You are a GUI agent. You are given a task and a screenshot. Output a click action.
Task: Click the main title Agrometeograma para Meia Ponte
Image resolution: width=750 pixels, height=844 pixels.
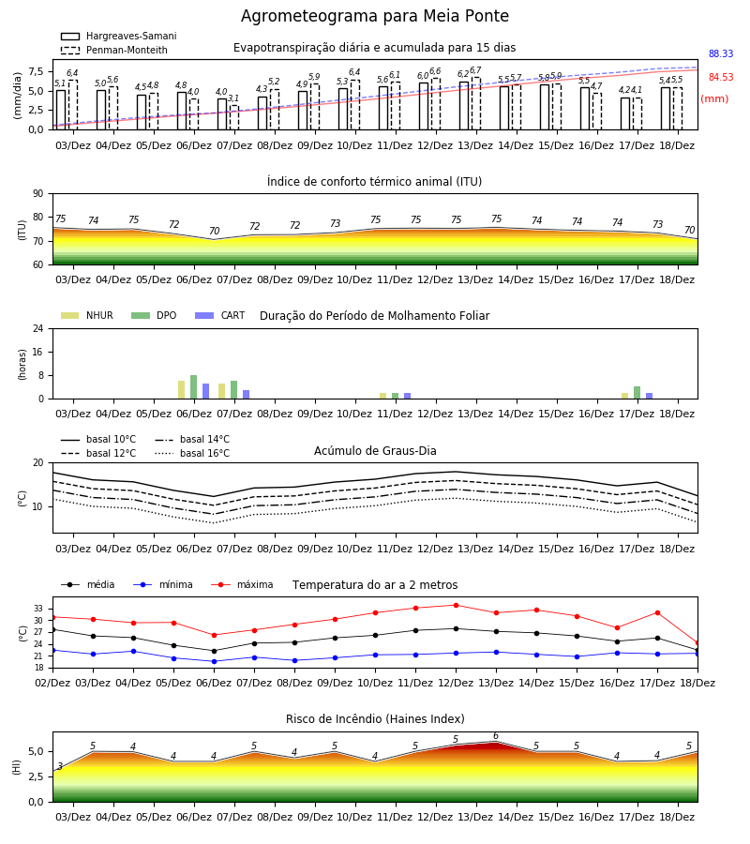click(x=374, y=16)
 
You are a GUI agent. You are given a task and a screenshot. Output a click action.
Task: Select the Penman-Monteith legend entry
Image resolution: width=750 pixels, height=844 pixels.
click(x=114, y=50)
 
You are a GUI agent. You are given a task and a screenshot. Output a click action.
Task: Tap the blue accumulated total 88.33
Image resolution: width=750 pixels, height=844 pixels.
click(x=721, y=53)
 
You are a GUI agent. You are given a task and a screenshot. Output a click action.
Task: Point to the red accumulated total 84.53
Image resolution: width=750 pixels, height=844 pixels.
click(x=721, y=77)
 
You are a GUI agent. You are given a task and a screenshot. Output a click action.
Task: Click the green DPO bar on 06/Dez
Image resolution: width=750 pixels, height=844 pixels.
click(x=194, y=387)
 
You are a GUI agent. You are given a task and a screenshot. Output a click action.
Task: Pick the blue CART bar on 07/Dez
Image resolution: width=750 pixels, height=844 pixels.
click(x=246, y=395)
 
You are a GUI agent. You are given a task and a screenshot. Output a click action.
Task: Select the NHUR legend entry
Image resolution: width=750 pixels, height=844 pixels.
click(x=87, y=315)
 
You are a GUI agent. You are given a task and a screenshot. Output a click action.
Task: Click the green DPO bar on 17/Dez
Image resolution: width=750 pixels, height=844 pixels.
click(x=637, y=392)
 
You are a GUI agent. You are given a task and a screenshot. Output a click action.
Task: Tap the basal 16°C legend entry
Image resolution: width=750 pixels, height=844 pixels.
click(x=192, y=453)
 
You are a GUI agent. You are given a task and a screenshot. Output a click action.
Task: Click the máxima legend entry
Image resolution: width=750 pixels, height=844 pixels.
click(x=242, y=584)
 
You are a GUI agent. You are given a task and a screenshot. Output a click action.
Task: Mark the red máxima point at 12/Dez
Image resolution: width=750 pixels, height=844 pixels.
click(x=457, y=605)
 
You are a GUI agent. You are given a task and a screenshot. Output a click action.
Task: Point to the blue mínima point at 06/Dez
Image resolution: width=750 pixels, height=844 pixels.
click(x=214, y=661)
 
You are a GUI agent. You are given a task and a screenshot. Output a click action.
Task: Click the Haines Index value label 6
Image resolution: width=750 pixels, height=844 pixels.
click(x=496, y=736)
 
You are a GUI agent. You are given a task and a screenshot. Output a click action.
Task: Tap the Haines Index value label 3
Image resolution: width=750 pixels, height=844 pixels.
click(x=60, y=766)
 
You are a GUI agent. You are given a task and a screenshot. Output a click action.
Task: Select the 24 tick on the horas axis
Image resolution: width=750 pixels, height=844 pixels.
click(x=38, y=328)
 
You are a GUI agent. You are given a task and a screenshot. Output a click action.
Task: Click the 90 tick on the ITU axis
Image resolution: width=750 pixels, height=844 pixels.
click(x=38, y=194)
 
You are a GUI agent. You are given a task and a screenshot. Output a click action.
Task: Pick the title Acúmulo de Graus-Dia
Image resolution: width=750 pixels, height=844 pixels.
click(x=375, y=450)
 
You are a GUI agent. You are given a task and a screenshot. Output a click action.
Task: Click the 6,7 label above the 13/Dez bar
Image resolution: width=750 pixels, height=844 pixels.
click(x=475, y=70)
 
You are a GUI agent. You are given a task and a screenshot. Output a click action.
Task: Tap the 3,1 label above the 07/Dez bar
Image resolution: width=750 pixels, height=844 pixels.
click(x=233, y=98)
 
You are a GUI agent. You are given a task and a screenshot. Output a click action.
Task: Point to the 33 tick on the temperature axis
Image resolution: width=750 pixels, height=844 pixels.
click(x=38, y=609)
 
